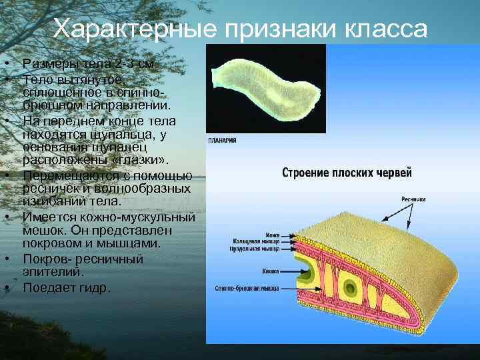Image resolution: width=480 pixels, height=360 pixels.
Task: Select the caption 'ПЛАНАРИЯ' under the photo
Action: click(222, 141)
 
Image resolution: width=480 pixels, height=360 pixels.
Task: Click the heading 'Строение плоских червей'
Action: click(347, 173)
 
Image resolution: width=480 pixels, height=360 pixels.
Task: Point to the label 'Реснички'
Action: click(413, 199)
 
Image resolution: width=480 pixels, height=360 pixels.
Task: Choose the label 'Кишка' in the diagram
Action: click(271, 271)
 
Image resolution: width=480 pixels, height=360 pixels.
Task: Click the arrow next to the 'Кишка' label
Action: click(288, 271)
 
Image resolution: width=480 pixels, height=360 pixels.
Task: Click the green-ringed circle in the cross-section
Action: click(349, 288)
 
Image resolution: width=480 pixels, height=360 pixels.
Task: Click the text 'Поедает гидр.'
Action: click(67, 288)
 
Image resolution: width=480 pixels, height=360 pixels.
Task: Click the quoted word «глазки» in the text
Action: click(143, 161)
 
